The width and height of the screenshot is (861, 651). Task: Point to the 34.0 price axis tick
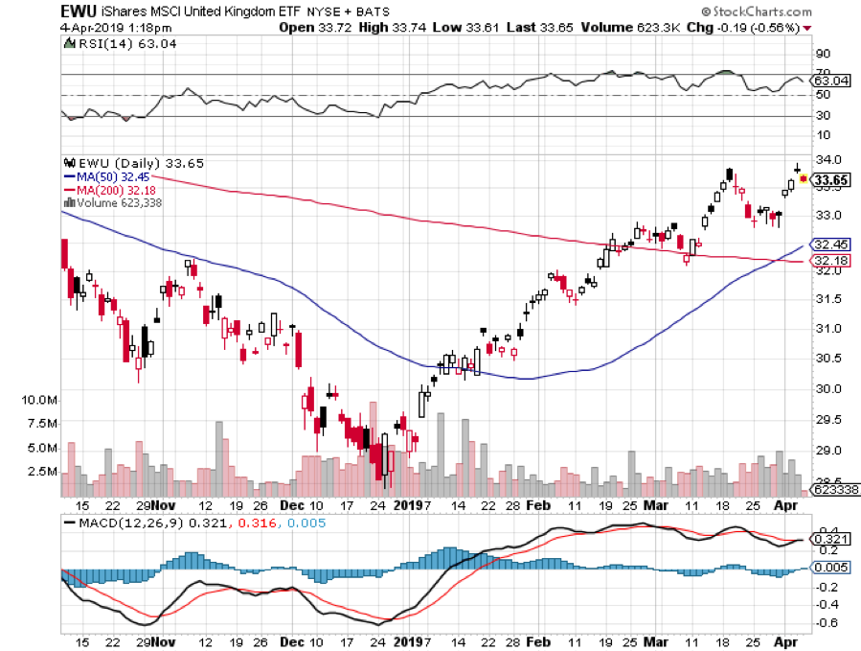(x=828, y=159)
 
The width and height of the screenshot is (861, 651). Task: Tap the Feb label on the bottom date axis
(x=539, y=503)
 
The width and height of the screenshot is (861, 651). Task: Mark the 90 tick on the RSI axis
(x=822, y=53)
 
